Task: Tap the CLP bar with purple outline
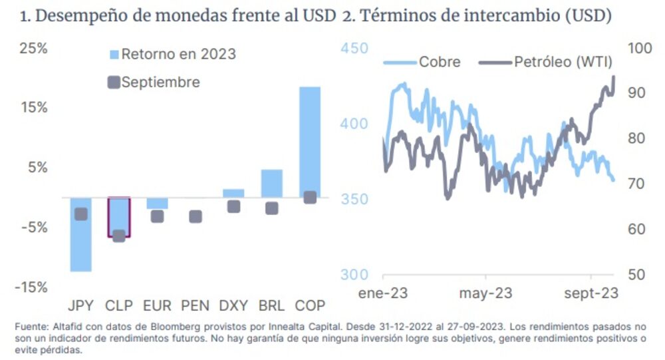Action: point(119,217)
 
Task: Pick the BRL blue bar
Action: point(271,183)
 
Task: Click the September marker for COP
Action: point(310,198)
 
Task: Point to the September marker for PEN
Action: point(196,216)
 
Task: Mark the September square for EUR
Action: point(157,216)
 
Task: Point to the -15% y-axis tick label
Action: point(31,287)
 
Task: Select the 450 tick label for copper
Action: point(354,49)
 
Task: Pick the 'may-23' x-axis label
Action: point(485,293)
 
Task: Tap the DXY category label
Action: point(233,305)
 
